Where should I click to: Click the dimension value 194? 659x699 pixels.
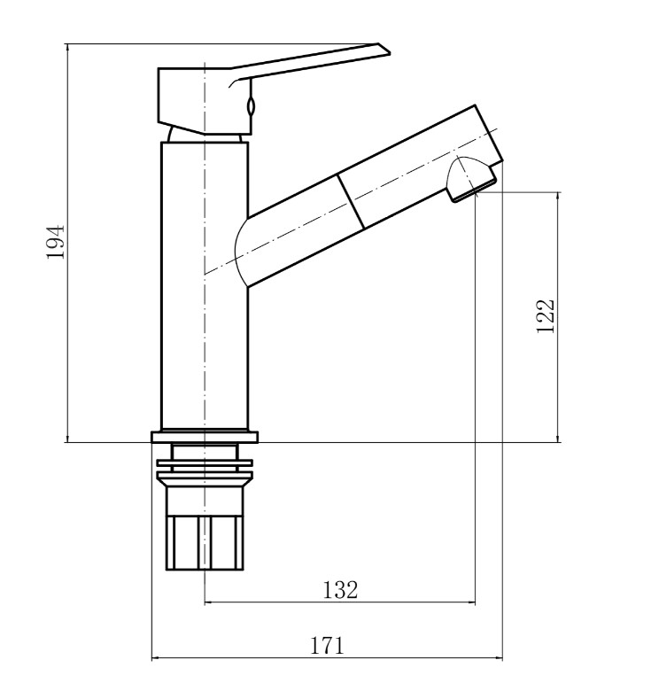[x=56, y=242]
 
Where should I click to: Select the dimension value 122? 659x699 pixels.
[x=546, y=316]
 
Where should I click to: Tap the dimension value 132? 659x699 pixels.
[x=340, y=590]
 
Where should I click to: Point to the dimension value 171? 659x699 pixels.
[x=327, y=646]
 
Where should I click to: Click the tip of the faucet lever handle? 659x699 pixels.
[x=389, y=52]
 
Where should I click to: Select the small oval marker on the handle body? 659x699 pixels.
[x=251, y=107]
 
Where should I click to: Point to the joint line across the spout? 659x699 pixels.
[x=351, y=201]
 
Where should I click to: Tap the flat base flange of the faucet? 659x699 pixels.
[x=205, y=437]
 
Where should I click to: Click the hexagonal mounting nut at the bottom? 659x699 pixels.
[x=205, y=542]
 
